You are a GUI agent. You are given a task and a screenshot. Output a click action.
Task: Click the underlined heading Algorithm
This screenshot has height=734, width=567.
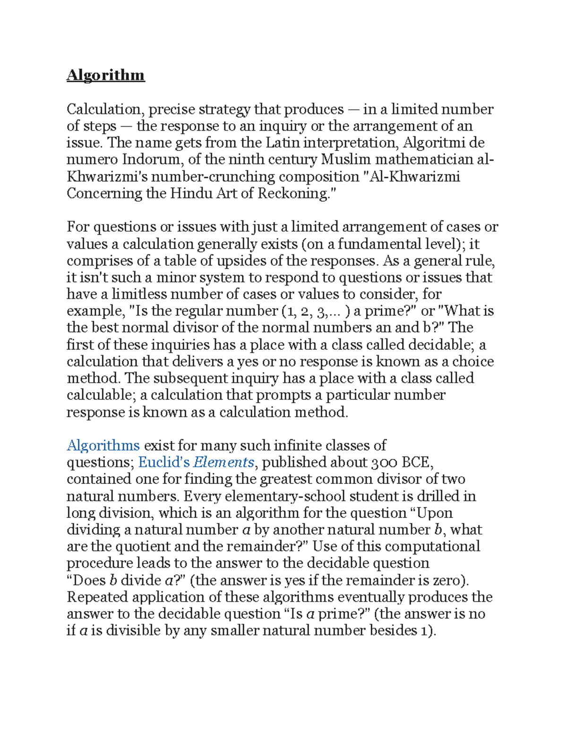point(105,75)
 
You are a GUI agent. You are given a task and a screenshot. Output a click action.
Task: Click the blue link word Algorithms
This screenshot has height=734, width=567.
point(103,445)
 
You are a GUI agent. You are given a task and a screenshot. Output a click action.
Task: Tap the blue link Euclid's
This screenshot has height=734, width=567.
point(163,462)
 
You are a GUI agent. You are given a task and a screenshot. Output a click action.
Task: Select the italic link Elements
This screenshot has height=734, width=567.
point(223,462)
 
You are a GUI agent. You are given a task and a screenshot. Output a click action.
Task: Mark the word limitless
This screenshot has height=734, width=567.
point(139,294)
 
